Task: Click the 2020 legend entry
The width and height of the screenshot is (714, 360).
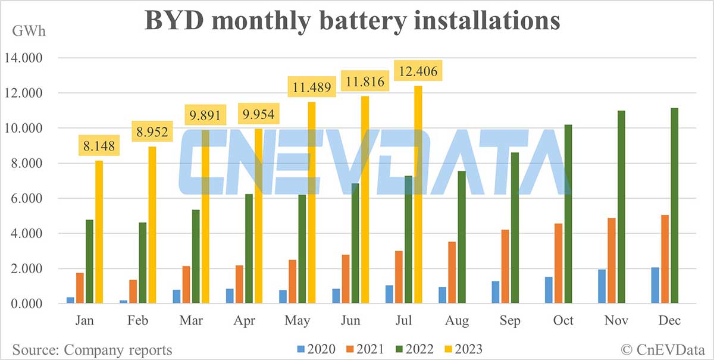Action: [316, 349]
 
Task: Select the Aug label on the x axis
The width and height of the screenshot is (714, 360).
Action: [457, 321]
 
